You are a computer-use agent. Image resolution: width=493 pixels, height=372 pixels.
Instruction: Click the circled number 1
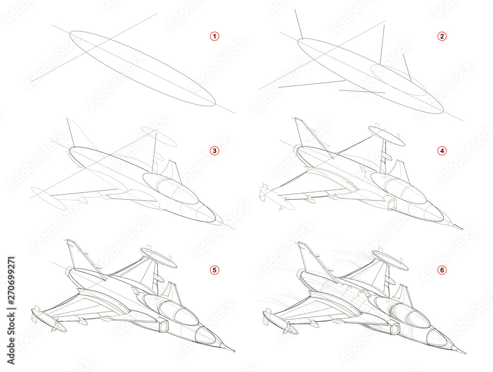tap(214, 36)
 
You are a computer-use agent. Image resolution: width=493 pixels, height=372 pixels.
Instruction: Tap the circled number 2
tap(442, 36)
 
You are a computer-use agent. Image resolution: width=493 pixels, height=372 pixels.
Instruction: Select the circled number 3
tap(214, 151)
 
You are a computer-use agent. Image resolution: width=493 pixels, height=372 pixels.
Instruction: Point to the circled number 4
tap(442, 151)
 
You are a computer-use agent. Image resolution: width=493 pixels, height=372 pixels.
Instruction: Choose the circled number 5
tap(214, 270)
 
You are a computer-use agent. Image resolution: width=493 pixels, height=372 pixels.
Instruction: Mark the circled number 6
tap(442, 270)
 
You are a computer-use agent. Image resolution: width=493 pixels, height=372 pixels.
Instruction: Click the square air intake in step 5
tap(162, 326)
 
